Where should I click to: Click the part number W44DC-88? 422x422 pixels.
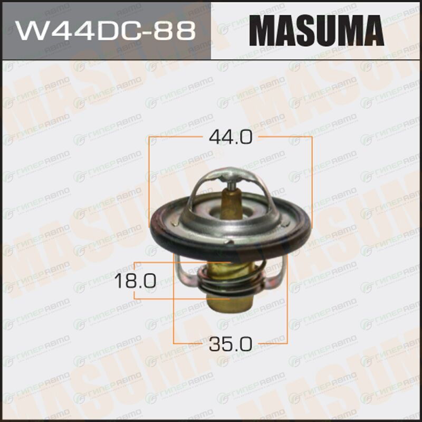point(105,31)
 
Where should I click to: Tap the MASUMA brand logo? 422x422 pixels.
point(316,31)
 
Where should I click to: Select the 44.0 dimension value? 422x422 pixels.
point(231,137)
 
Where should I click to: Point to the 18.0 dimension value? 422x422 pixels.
point(135,281)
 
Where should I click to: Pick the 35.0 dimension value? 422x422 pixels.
point(231,344)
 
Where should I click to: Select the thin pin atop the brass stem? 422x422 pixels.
point(229,185)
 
